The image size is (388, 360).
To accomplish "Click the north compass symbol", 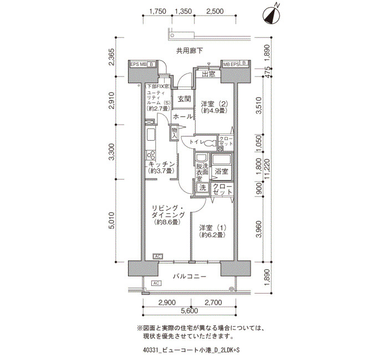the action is pyautogui.click(x=271, y=16).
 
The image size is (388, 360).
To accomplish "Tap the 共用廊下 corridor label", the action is pyautogui.click(x=190, y=51).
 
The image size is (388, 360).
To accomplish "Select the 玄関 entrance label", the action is pyautogui.click(x=185, y=99).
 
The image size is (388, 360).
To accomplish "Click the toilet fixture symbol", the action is pyautogui.click(x=211, y=143).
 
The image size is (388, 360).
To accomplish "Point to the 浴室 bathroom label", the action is pyautogui.click(x=222, y=171).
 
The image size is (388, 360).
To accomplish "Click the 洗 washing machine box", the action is pyautogui.click(x=203, y=187).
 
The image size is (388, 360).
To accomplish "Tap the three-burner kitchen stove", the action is pyautogui.click(x=151, y=155).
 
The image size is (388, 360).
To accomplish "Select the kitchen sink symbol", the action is pyautogui.click(x=151, y=135).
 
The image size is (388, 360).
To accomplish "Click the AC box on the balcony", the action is pyautogui.click(x=156, y=283).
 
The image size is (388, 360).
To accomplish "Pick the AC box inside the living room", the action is pyautogui.click(x=157, y=256).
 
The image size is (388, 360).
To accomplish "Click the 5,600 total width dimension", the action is pyautogui.click(x=190, y=311).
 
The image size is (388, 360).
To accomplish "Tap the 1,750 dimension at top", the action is pyautogui.click(x=158, y=12).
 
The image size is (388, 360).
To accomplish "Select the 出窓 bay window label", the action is pyautogui.click(x=208, y=74).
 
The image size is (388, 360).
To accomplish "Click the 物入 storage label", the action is pyautogui.click(x=175, y=133).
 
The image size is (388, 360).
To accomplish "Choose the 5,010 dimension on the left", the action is pyautogui.click(x=112, y=220).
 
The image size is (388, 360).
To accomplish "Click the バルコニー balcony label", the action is pyautogui.click(x=190, y=276).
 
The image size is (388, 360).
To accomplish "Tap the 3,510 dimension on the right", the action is pyautogui.click(x=259, y=105).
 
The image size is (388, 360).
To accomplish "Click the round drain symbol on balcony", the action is pyautogui.click(x=231, y=289).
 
